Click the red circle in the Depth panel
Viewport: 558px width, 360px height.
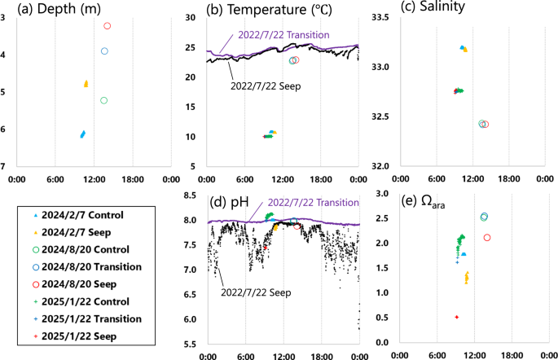(x=107, y=26)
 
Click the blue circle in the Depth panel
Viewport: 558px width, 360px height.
(x=104, y=51)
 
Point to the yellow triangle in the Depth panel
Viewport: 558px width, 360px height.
(x=86, y=84)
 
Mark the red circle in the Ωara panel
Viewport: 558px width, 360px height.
(x=487, y=238)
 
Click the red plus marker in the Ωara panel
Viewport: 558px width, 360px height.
(x=457, y=317)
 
